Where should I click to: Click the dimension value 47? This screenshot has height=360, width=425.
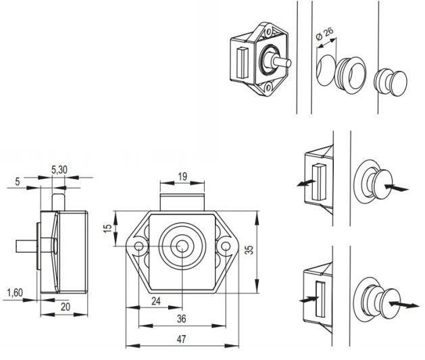tap(182, 340)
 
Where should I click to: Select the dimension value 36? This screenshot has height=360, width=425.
tap(181, 319)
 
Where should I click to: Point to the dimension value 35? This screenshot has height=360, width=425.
tap(250, 251)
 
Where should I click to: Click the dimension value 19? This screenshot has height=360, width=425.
tap(182, 177)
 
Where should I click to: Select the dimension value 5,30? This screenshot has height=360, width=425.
tap(59, 170)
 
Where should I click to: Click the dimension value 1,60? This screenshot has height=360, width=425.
tap(16, 292)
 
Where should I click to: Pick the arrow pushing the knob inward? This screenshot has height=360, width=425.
tap(399, 190)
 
